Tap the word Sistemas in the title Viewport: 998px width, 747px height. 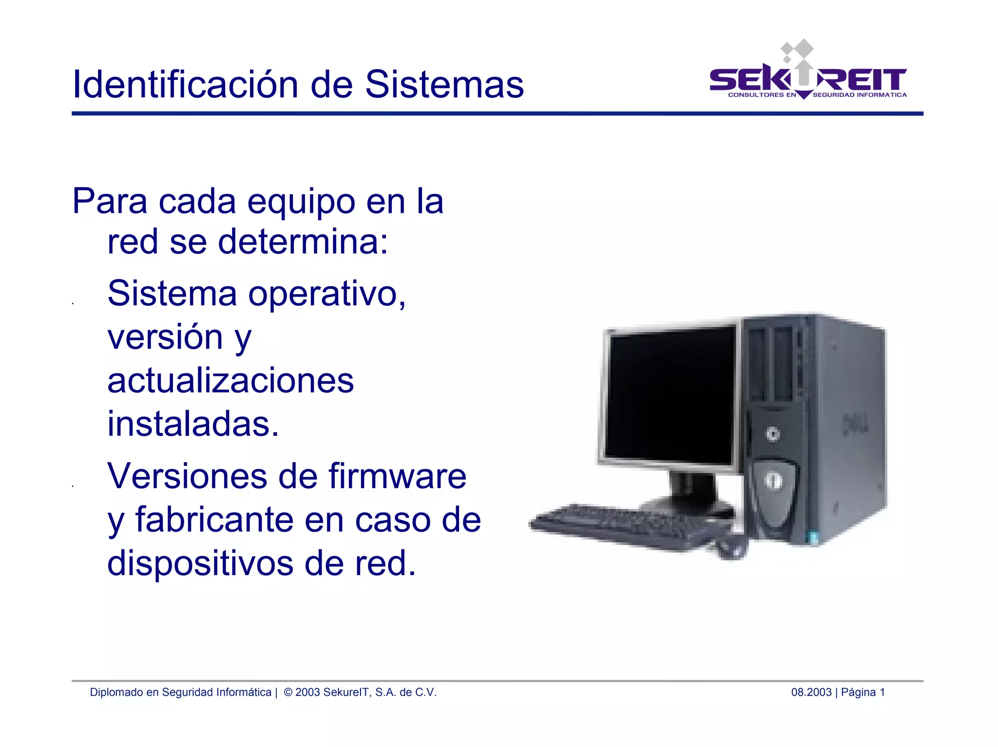point(444,84)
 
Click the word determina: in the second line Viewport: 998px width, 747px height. point(303,242)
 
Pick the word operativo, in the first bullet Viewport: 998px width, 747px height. point(326,294)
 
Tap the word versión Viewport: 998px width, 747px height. point(165,337)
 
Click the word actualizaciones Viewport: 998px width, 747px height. point(230,380)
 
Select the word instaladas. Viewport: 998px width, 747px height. point(193,424)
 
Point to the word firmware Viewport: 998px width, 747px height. point(397,476)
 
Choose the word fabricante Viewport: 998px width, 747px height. point(214,520)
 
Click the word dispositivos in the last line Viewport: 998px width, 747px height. point(200,563)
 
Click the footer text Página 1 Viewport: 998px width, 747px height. point(863,692)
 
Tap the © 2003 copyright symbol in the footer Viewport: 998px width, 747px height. point(288,692)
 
